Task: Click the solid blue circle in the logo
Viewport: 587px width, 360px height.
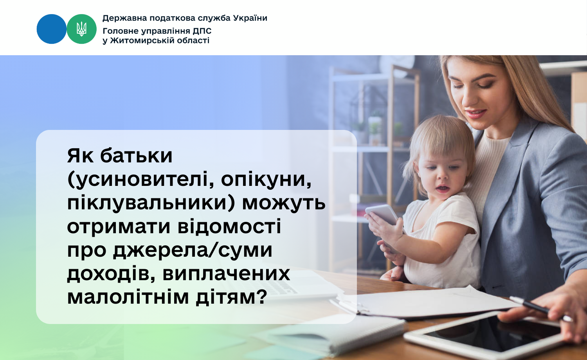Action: tap(52, 29)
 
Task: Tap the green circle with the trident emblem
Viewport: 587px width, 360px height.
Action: tap(81, 29)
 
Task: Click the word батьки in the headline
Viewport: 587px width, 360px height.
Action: tap(136, 156)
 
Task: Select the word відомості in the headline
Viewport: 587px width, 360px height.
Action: tap(229, 226)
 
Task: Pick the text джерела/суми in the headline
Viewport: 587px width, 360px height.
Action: tap(193, 250)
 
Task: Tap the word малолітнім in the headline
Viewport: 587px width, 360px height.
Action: tap(128, 297)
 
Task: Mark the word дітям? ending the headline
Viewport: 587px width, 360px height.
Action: tap(231, 297)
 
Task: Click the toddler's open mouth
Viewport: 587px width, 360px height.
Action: tap(443, 188)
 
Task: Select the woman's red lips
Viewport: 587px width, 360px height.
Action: tap(475, 114)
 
